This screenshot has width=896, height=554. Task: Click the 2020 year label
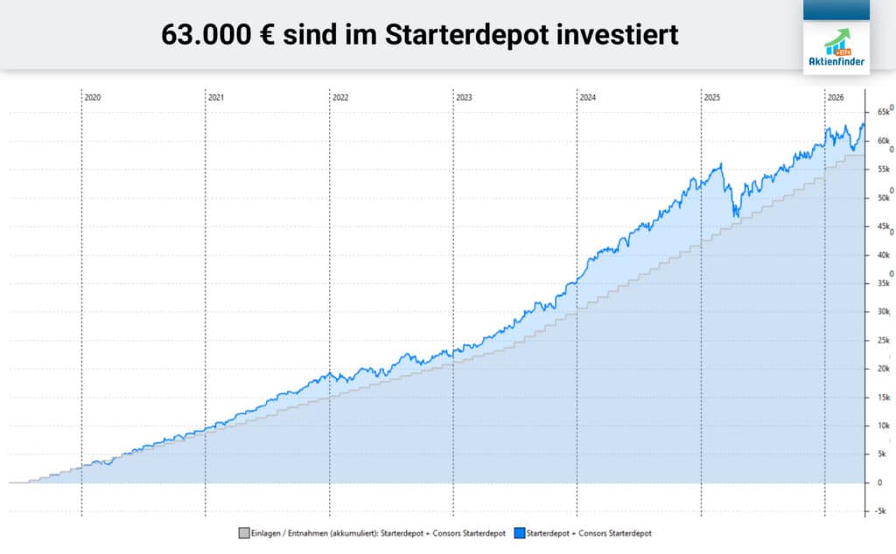(x=93, y=98)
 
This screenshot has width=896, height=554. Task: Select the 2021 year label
(x=216, y=98)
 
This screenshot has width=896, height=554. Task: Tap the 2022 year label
(x=340, y=98)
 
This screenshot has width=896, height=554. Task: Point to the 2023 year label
(x=464, y=98)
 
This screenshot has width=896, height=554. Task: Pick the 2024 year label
(x=587, y=98)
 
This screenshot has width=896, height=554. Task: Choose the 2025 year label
(x=711, y=98)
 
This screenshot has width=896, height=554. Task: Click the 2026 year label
(x=836, y=98)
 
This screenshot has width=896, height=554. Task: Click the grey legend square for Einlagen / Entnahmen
(x=242, y=533)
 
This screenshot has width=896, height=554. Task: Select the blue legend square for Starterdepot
(x=518, y=533)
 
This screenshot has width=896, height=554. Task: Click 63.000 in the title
(x=205, y=35)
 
